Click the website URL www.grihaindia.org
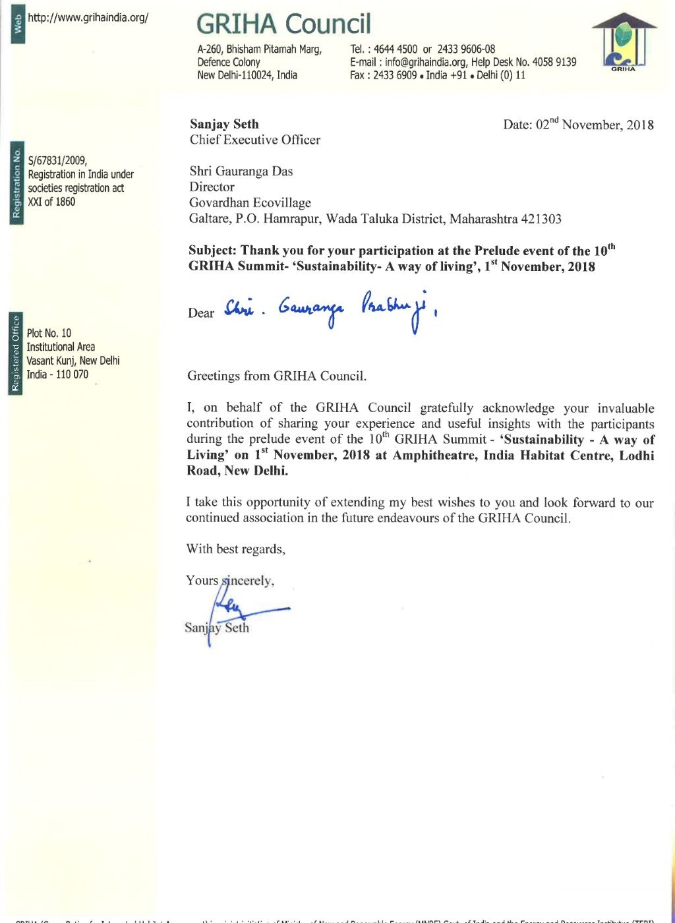(x=88, y=18)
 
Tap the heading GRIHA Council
(x=283, y=24)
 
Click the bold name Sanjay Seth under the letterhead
(x=224, y=124)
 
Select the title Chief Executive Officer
(x=255, y=140)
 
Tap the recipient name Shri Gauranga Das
(x=241, y=171)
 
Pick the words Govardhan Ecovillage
(x=250, y=202)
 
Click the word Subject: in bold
(x=213, y=251)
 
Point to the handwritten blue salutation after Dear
(x=330, y=308)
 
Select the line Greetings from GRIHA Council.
(x=277, y=376)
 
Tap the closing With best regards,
(x=236, y=549)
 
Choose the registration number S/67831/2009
(x=58, y=160)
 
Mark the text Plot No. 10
(x=49, y=333)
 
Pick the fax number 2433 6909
(x=395, y=75)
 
